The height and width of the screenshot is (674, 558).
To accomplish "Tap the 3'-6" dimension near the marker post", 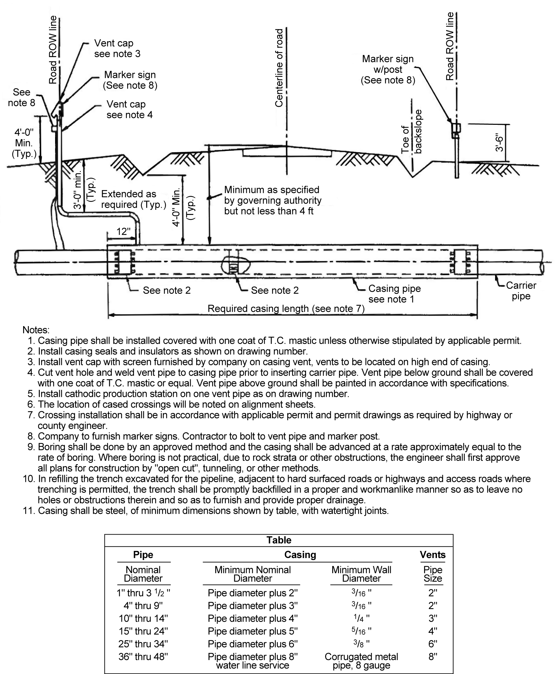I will click(500, 143).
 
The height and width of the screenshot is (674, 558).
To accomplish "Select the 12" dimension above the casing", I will click(123, 232).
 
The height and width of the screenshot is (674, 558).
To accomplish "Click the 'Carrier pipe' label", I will click(521, 291).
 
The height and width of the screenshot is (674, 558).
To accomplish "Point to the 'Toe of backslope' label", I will click(411, 131).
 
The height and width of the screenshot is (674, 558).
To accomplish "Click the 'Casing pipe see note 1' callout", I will click(394, 294).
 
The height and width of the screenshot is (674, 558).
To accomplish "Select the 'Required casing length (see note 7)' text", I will click(286, 309).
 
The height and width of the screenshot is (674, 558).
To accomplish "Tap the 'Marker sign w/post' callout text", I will click(388, 69).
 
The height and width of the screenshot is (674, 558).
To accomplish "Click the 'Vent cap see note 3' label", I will click(117, 49).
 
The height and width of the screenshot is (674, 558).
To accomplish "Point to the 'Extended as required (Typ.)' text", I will click(133, 199).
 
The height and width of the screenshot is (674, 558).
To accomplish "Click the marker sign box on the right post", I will click(456, 128).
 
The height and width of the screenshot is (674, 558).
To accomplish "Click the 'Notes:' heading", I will click(36, 330).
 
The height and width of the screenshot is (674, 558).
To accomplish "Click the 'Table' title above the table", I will click(279, 540).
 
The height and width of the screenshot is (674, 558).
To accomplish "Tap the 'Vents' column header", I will click(433, 555).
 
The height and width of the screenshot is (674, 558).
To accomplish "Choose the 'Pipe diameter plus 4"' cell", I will click(253, 619).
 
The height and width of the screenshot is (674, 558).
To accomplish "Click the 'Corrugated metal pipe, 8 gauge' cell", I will click(361, 661).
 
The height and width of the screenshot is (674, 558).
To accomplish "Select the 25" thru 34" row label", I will click(143, 644).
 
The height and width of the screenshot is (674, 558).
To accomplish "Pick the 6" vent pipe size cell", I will click(433, 644).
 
